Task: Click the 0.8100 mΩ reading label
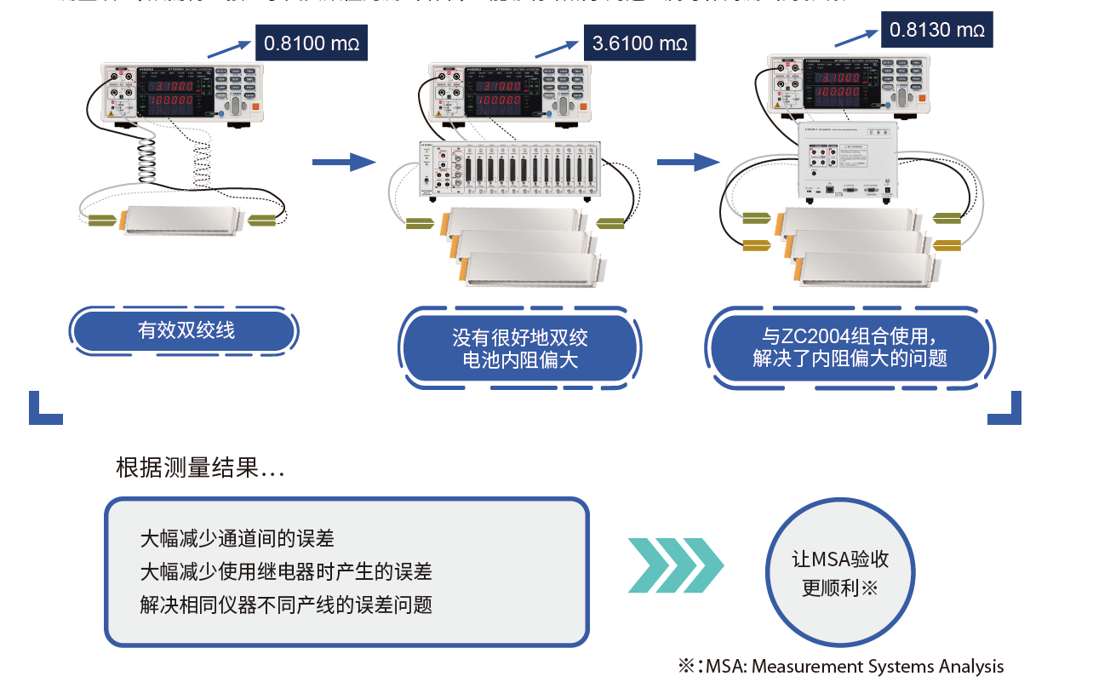point(312,42)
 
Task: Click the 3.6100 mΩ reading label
point(639,42)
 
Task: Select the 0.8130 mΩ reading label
point(936,30)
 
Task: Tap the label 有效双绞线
point(186,330)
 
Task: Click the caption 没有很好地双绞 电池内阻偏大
point(519,349)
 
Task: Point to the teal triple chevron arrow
point(676,565)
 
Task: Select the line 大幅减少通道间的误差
point(237,539)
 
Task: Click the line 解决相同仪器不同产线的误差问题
point(286,605)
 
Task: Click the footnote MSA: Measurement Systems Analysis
point(854,667)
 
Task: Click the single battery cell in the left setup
point(182,220)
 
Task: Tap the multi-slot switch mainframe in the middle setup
point(512,170)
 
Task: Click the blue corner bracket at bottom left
point(44,410)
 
